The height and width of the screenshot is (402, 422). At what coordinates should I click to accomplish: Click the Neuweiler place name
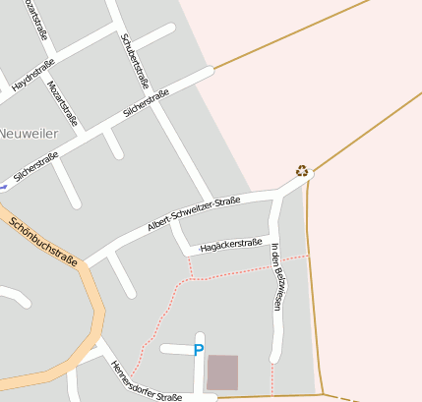[27, 132]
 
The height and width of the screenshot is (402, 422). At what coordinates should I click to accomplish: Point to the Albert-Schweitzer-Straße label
[194, 212]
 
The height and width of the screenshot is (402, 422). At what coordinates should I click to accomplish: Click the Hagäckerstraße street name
[230, 245]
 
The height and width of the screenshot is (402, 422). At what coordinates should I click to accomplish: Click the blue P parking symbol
[199, 349]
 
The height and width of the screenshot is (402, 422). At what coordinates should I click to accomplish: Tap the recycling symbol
[302, 171]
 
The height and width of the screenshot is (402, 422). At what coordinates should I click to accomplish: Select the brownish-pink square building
[222, 373]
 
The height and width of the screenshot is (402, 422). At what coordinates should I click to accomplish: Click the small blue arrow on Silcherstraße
[4, 185]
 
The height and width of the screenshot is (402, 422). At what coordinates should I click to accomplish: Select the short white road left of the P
[174, 349]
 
